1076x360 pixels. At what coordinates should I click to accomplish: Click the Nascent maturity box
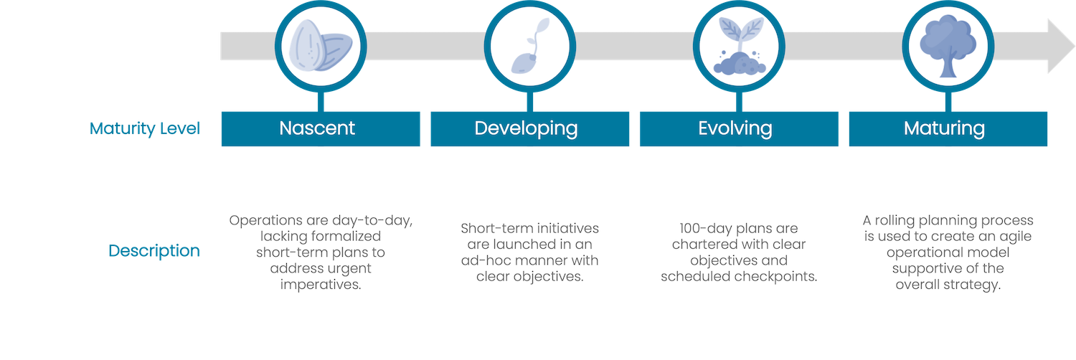(x=321, y=128)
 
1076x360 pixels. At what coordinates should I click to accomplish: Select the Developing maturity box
(x=530, y=128)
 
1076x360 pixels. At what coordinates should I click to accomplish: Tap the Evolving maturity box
(x=739, y=128)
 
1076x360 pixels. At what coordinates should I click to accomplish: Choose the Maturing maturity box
(x=948, y=128)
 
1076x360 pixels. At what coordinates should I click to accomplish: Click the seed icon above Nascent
(x=321, y=46)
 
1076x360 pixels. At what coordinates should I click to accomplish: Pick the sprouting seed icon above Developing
(x=530, y=46)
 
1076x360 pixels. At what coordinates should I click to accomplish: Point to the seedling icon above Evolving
(x=740, y=46)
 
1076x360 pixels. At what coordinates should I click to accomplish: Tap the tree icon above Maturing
(x=948, y=46)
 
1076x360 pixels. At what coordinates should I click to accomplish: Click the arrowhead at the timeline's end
(x=1061, y=46)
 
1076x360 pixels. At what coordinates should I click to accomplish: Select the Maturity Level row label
(x=145, y=128)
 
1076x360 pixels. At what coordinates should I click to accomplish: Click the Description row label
(x=154, y=250)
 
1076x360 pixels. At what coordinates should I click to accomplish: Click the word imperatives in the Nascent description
(x=321, y=285)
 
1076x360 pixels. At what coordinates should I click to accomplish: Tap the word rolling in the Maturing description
(x=895, y=220)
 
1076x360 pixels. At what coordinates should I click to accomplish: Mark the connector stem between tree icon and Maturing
(x=948, y=102)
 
